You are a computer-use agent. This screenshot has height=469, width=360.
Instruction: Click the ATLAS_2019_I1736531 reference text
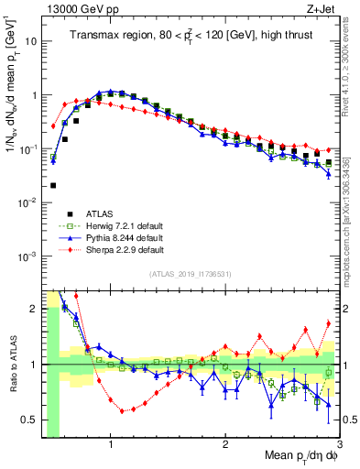[x=191, y=274]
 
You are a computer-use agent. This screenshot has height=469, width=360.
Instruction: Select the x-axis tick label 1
[x=111, y=443]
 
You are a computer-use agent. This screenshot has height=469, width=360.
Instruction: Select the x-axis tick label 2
[x=225, y=443]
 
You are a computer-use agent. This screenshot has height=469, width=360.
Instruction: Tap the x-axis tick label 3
[x=338, y=443]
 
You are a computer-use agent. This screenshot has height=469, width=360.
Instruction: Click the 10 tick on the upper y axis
[x=32, y=42]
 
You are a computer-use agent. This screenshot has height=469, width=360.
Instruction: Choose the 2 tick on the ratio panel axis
[x=34, y=309]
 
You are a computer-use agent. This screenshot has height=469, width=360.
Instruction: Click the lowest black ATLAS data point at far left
[x=53, y=185]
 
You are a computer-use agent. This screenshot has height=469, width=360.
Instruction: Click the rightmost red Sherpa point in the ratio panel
[x=329, y=322]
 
